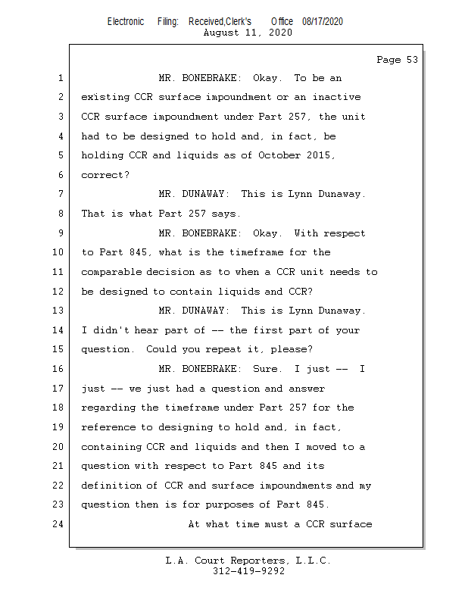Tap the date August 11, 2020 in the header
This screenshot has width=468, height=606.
(x=248, y=33)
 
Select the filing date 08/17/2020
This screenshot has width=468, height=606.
(x=322, y=21)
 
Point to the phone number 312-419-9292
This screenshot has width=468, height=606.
(x=248, y=572)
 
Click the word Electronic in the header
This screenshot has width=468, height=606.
(x=126, y=21)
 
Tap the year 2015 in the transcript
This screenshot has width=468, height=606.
(x=321, y=155)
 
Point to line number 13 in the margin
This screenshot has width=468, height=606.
(x=58, y=311)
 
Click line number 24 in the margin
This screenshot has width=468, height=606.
(x=58, y=524)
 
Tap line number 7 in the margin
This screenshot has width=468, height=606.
(x=61, y=194)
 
